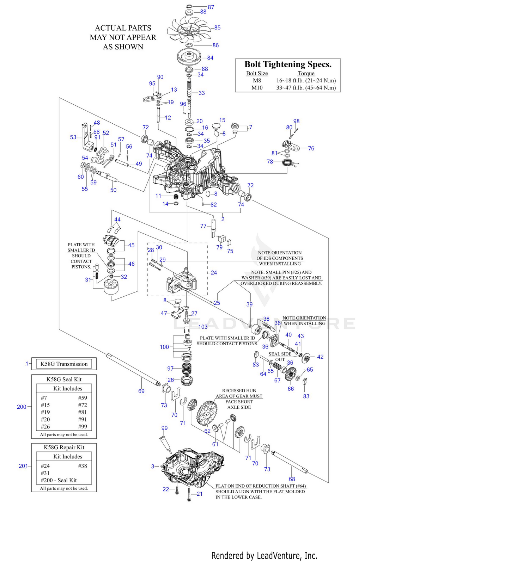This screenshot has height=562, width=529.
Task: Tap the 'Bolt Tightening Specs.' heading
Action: pyautogui.click(x=288, y=64)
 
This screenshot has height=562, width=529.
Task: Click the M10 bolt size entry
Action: pyautogui.click(x=257, y=88)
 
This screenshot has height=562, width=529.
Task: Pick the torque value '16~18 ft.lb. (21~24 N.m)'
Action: pyautogui.click(x=306, y=81)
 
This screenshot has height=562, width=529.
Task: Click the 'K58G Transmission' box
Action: pyautogui.click(x=64, y=364)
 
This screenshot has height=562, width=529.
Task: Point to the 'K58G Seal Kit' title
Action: pyautogui.click(x=64, y=379)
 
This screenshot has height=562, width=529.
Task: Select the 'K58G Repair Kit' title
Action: pyautogui.click(x=64, y=447)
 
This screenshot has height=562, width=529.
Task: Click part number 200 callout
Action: pyautogui.click(x=22, y=407)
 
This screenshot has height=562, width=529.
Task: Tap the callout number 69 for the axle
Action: pyautogui.click(x=141, y=391)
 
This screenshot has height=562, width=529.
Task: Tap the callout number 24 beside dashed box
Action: pyautogui.click(x=214, y=273)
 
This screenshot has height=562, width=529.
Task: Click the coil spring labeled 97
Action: pyautogui.click(x=187, y=369)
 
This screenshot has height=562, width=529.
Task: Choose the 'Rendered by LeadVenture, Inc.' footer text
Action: pyautogui.click(x=264, y=556)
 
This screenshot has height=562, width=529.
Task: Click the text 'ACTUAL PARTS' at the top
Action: pyautogui.click(x=123, y=28)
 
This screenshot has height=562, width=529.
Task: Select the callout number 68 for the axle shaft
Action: pyautogui.click(x=292, y=479)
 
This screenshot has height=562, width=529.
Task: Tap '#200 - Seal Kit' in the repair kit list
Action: pyautogui.click(x=59, y=480)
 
